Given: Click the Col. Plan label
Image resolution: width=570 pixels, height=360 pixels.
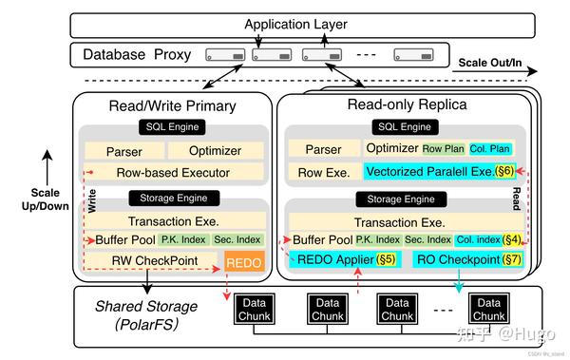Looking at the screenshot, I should click(x=491, y=148).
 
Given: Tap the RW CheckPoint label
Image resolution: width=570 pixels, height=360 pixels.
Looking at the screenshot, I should click(x=146, y=261).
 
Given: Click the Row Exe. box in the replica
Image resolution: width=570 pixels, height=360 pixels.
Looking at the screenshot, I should click(x=322, y=172).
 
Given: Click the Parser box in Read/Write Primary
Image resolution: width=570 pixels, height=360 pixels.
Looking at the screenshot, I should click(x=123, y=150).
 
